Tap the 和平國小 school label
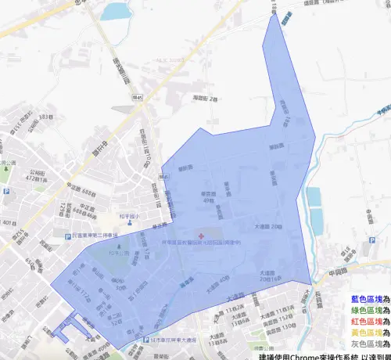tap(128, 214)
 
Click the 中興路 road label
tap(342, 274)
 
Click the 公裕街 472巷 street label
tap(35, 177)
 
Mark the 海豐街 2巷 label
tap(204, 99)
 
